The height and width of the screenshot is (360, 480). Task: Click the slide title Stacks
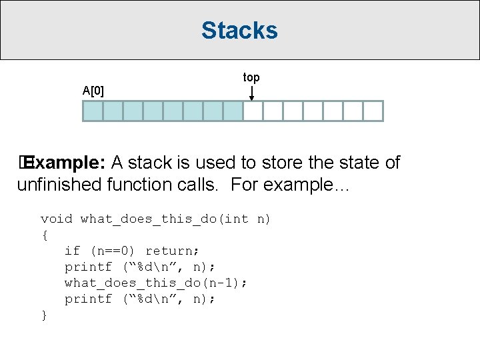(x=239, y=31)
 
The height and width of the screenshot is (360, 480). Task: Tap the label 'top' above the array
(x=251, y=78)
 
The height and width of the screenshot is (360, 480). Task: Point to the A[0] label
(x=93, y=90)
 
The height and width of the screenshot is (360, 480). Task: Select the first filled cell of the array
(x=93, y=111)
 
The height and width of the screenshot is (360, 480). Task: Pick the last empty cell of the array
(x=373, y=111)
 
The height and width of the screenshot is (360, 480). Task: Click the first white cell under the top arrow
(x=253, y=111)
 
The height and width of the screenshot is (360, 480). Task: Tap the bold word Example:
(x=66, y=163)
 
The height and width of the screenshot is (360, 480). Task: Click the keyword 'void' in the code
(x=57, y=219)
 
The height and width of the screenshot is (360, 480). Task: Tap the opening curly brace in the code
(x=45, y=235)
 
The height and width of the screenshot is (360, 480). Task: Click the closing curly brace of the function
(x=45, y=315)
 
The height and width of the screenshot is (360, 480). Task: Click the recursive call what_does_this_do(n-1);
(x=156, y=283)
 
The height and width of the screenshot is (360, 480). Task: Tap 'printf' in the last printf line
(x=88, y=299)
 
